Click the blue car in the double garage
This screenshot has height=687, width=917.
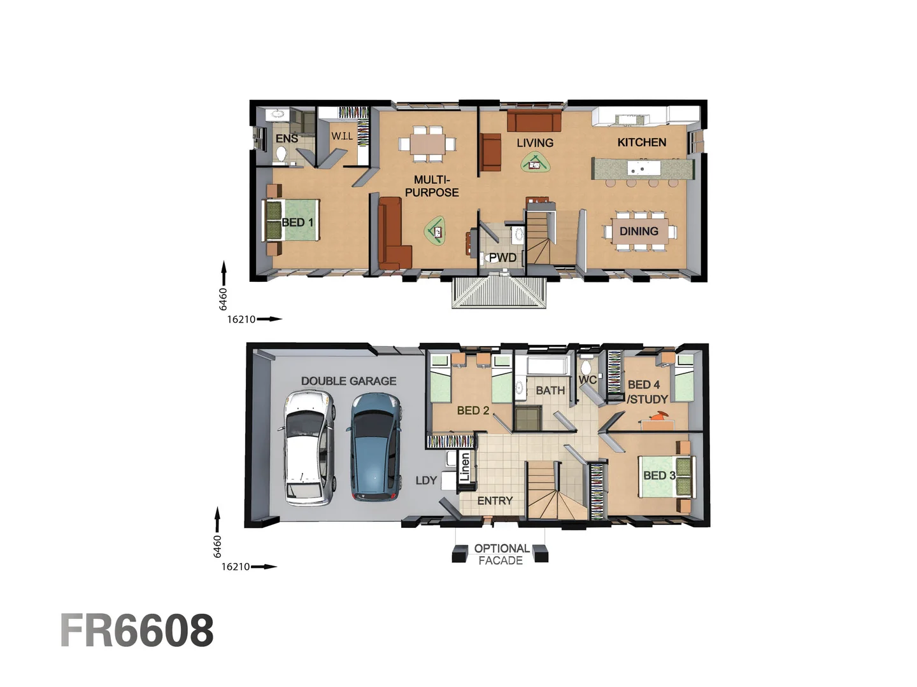(376, 447)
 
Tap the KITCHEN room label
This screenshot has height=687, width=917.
(641, 142)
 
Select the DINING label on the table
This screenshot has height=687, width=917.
(639, 232)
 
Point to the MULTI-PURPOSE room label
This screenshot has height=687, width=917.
(432, 186)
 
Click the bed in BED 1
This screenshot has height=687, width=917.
(292, 220)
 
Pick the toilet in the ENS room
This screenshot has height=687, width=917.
(281, 153)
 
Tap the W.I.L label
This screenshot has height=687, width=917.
(342, 136)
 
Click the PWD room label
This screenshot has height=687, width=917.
(502, 258)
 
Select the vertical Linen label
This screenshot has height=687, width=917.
(465, 467)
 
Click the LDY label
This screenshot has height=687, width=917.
(426, 480)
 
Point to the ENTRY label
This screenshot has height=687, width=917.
(495, 501)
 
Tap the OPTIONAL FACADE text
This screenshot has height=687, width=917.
(501, 555)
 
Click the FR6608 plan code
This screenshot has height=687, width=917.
(137, 631)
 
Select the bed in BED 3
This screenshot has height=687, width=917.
(666, 476)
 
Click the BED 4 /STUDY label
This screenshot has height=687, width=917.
(646, 392)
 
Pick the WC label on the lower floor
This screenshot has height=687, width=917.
(587, 380)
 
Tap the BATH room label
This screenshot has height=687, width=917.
(550, 391)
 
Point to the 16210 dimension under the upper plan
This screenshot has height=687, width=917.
(241, 319)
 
